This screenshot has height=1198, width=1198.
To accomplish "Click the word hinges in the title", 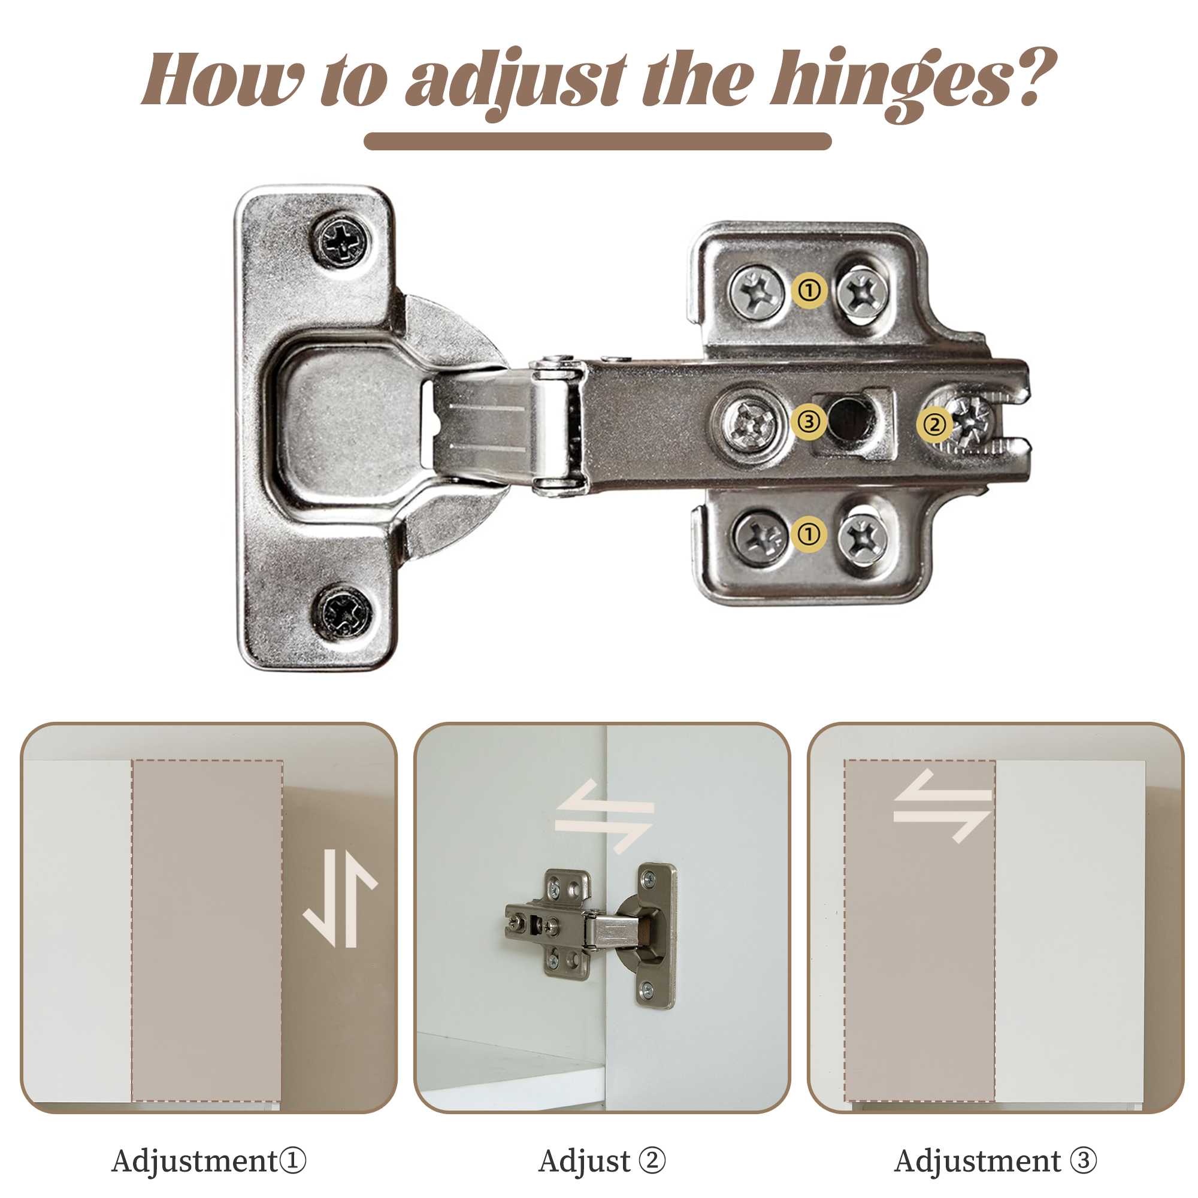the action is pos(893,84).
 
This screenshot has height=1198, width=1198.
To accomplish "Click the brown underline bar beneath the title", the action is pos(598,141).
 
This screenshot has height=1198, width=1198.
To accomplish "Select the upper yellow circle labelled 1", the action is pos(809,290).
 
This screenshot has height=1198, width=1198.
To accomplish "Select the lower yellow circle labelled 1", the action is pos(809,534).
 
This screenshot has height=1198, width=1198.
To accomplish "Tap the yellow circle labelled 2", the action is pos(935,425).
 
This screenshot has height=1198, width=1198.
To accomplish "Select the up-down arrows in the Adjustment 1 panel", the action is pos(340,898).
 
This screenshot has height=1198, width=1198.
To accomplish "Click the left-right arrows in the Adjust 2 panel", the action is pos(604,816).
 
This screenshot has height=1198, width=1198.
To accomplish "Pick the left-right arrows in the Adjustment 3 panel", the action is pos(942,806).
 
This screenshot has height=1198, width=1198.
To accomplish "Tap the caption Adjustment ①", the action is pos(209,1161).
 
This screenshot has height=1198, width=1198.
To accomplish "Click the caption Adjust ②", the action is pos(601,1161).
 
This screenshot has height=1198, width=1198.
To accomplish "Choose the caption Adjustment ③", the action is pos(995,1161).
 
